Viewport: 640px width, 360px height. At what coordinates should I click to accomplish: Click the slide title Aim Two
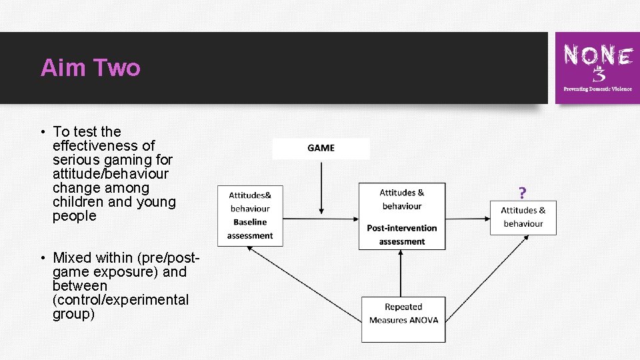[x=90, y=68]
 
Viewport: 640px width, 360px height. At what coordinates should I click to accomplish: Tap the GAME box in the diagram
[x=321, y=148]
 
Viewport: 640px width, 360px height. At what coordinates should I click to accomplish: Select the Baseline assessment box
[x=250, y=215]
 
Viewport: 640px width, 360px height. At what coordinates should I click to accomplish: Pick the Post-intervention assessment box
[x=402, y=217]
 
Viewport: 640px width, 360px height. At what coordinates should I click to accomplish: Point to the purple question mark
[x=523, y=193]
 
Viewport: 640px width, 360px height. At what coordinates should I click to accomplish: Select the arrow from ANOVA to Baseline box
[x=304, y=284]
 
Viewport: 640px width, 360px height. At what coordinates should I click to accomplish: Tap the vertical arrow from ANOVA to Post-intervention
[x=402, y=274]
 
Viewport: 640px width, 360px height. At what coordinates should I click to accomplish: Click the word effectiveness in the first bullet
[x=103, y=146]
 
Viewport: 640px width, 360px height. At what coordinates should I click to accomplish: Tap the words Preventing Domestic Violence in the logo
[x=597, y=89]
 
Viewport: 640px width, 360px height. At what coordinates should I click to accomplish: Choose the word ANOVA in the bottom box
[x=423, y=320]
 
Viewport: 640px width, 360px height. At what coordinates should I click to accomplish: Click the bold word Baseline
[x=250, y=222]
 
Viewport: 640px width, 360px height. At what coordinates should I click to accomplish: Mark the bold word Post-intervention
[x=402, y=228]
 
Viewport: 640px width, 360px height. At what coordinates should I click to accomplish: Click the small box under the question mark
[x=523, y=217]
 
